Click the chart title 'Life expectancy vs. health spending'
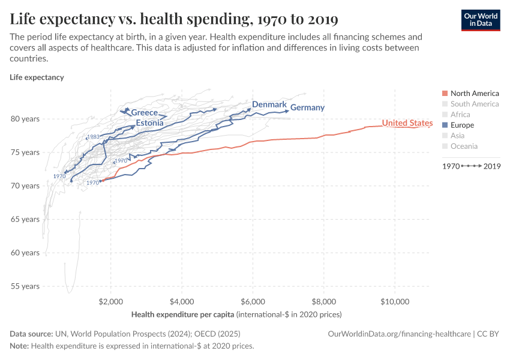pos(173,19)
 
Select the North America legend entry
pos(474,94)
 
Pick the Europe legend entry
pos(462,125)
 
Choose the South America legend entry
pos(474,104)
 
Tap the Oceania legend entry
pos(464,146)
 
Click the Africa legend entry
pos(460,115)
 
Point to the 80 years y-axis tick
pos(26,119)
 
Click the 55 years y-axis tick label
pos(26,286)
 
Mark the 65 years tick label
pos(26,220)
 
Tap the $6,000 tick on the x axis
pos(253,300)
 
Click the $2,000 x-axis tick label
pos(110,300)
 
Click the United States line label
pos(407,123)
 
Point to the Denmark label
pos(269,104)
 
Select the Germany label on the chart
pos(307,108)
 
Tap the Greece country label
pos(144,113)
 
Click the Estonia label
pos(149,123)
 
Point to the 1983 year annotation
pos(93,137)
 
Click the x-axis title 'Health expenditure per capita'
pos(182,314)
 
